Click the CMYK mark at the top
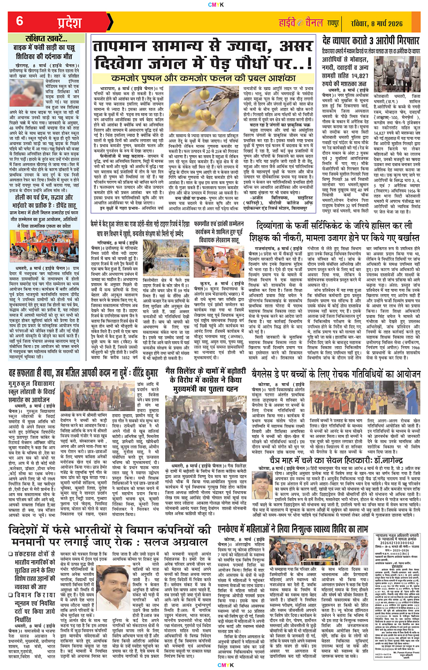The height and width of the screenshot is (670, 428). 214,4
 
